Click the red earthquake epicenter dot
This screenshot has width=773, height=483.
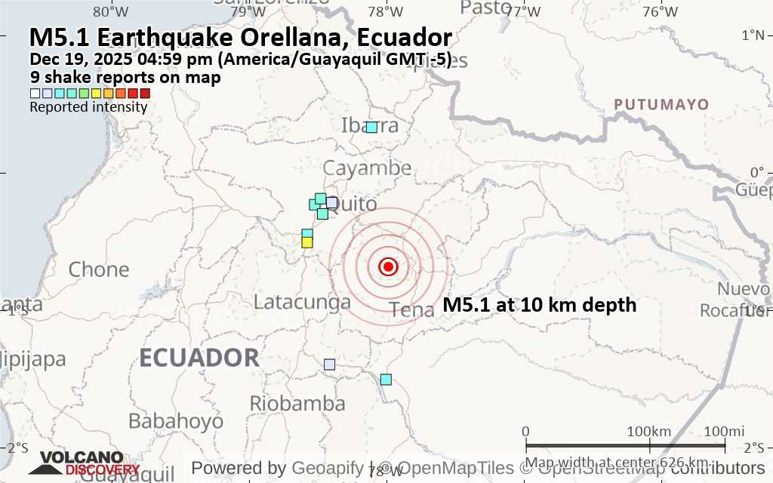pyautogui.click(x=388, y=266)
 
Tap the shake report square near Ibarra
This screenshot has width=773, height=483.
pyautogui.click(x=371, y=127)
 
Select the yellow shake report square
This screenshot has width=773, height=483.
pyautogui.click(x=307, y=242)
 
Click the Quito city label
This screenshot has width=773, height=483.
pyautogui.click(x=355, y=204)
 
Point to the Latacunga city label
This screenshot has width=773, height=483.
pyautogui.click(x=302, y=302)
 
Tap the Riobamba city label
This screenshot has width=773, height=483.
pyautogui.click(x=297, y=403)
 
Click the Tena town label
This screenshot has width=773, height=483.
pyautogui.click(x=412, y=309)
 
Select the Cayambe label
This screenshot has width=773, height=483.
pyautogui.click(x=368, y=168)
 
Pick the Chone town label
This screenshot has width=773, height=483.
pyautogui.click(x=99, y=269)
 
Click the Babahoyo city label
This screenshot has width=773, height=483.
pyautogui.click(x=176, y=420)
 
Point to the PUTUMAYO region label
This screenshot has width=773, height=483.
pyautogui.click(x=661, y=104)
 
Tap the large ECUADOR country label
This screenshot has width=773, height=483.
pyautogui.click(x=199, y=357)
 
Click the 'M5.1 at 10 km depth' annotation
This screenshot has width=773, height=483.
pyautogui.click(x=540, y=306)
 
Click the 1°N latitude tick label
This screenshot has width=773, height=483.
pyautogui.click(x=753, y=35)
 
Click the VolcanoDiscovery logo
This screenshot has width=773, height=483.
pyautogui.click(x=83, y=463)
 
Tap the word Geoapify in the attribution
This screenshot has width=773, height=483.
pyautogui.click(x=328, y=468)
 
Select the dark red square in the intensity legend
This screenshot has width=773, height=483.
pyautogui.click(x=145, y=94)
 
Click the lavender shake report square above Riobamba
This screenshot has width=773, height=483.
pyautogui.click(x=329, y=365)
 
